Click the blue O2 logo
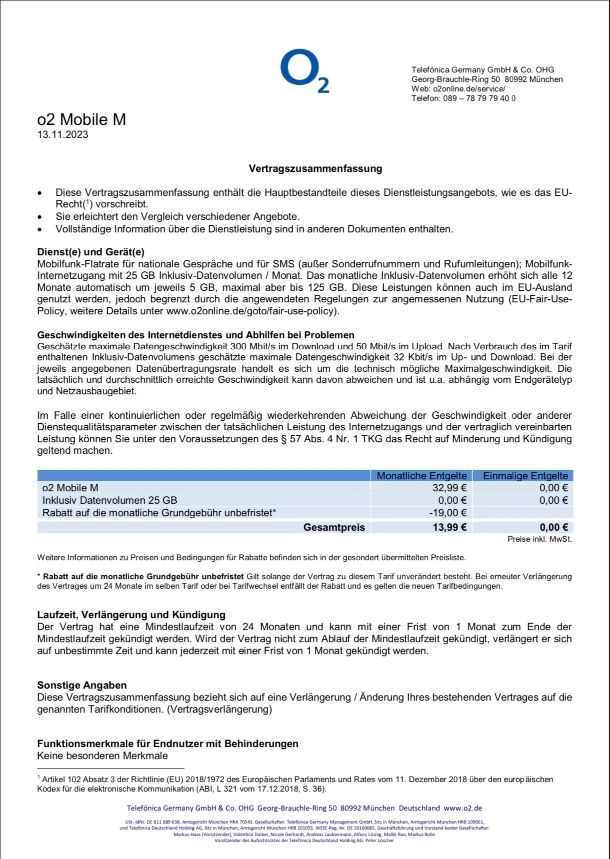(304, 70)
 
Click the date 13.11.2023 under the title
(62, 134)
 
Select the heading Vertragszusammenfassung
(315, 168)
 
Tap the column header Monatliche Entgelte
(421, 476)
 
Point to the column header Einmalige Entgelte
(525, 476)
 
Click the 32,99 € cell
(449, 488)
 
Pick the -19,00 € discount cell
(447, 513)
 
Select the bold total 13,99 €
(449, 527)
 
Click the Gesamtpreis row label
(334, 527)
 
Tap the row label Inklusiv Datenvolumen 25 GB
(109, 500)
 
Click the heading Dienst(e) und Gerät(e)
(90, 252)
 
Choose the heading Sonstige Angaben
(81, 685)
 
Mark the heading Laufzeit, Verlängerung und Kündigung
(131, 615)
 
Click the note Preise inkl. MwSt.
(539, 539)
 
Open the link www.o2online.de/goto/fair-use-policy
(251, 311)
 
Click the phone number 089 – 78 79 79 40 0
(479, 98)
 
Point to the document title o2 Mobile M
(81, 119)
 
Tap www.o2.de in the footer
(462, 808)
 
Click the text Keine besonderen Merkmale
(102, 756)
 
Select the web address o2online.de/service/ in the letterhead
(468, 89)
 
